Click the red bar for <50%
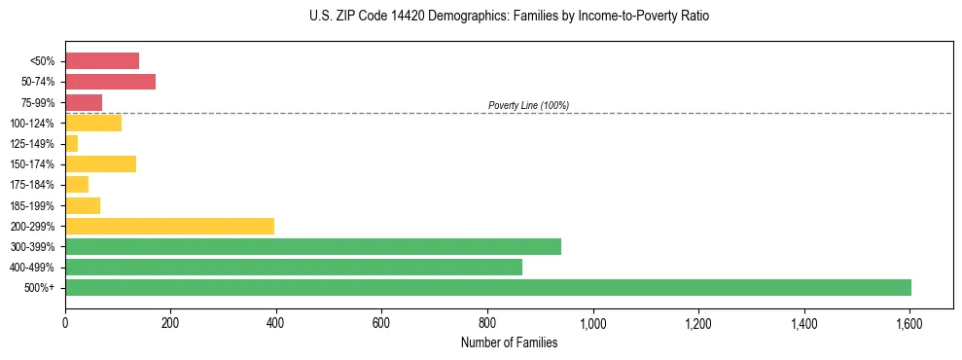coord(102,60)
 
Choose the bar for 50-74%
coord(111,82)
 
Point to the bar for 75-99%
coord(84,102)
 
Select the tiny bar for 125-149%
coord(72,144)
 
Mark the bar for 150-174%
coord(101,163)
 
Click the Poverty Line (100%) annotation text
coord(528,105)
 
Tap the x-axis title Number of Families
coord(509,342)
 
